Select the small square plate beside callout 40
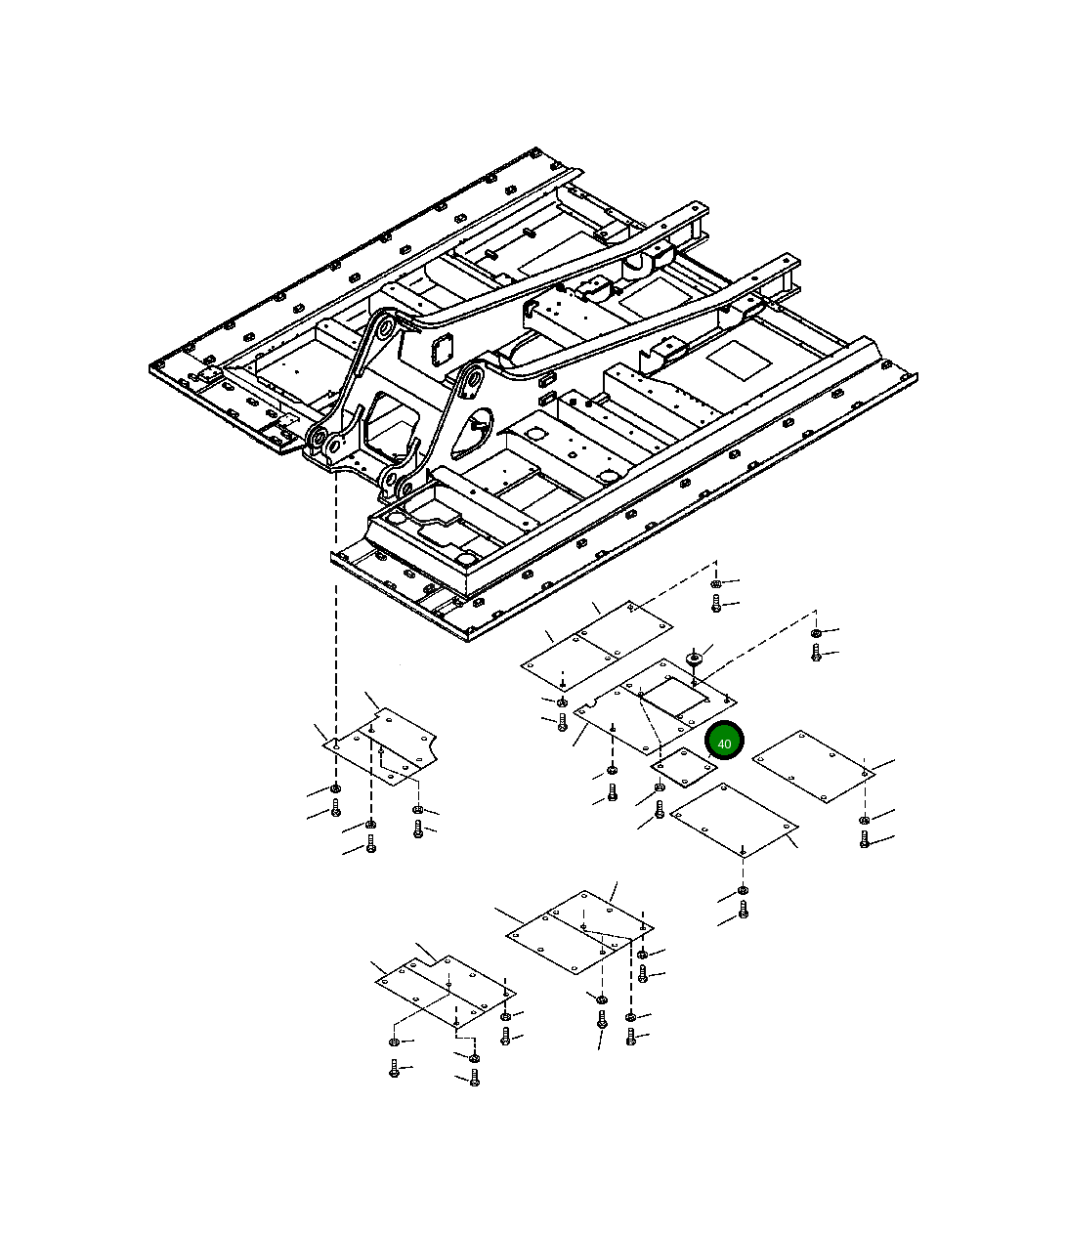pyautogui.click(x=684, y=767)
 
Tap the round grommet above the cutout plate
pyautogui.click(x=694, y=659)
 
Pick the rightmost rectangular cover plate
pyautogui.click(x=813, y=766)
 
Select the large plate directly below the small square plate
pyautogui.click(x=735, y=820)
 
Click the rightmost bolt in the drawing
pyautogui.click(x=864, y=839)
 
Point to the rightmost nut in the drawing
pyautogui.click(x=864, y=820)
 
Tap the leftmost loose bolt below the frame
pyautogui.click(x=335, y=808)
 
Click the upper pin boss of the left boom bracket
pyautogui.click(x=384, y=330)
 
